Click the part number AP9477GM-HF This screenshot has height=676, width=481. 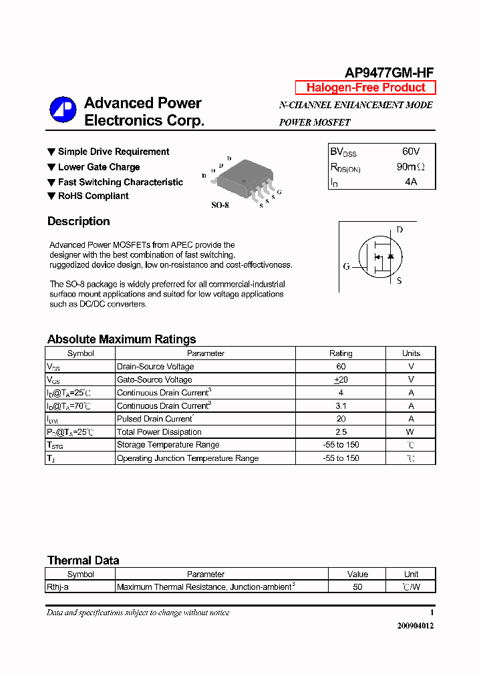click(x=389, y=73)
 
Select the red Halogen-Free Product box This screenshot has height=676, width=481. click(x=365, y=88)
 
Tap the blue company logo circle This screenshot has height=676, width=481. click(x=63, y=111)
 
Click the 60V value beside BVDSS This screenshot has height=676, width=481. click(x=411, y=152)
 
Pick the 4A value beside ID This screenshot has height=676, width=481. click(x=410, y=182)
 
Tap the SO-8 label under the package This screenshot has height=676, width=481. click(x=220, y=205)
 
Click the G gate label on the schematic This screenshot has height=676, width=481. click(x=346, y=267)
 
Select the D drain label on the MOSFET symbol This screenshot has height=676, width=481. click(x=399, y=230)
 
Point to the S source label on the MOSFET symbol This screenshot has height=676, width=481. click(x=399, y=281)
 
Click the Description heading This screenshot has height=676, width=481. click(x=78, y=221)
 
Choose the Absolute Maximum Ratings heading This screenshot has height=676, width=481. click(x=122, y=339)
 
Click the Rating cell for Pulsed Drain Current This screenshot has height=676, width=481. click(x=341, y=419)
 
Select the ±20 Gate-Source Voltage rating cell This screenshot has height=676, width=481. click(x=341, y=379)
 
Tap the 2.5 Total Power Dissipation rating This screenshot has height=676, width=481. click(x=341, y=432)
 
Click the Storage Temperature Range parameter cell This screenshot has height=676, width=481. click(x=168, y=445)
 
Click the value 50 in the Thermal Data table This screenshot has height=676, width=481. click(x=357, y=587)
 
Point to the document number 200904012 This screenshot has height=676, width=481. click(x=415, y=626)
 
